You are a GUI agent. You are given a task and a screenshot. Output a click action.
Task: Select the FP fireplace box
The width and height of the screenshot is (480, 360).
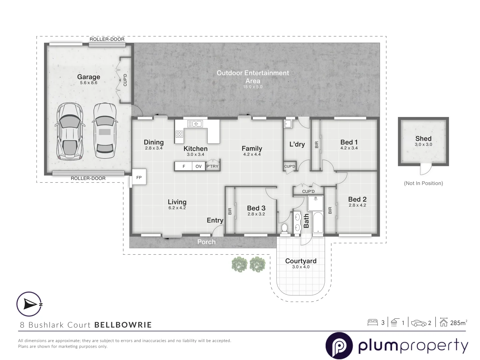click(x=139, y=177)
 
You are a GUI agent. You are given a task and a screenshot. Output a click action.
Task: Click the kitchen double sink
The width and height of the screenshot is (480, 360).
click(x=195, y=124)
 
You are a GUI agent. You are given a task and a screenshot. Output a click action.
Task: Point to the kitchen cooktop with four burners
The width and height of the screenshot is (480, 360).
click(x=179, y=134)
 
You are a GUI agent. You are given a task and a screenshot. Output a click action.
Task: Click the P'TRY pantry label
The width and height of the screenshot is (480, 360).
click(x=212, y=166)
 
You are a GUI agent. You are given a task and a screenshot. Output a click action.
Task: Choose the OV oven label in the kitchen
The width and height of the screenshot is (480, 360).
click(x=199, y=166)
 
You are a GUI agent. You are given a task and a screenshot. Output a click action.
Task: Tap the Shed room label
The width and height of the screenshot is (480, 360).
click(x=423, y=138)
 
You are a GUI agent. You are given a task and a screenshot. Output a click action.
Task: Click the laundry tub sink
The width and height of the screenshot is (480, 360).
click(x=288, y=124)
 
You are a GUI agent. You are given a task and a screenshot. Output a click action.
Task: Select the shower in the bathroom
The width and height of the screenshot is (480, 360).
click(x=315, y=203)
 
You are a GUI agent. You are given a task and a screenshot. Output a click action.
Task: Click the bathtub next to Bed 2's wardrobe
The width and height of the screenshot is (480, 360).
click(x=318, y=223)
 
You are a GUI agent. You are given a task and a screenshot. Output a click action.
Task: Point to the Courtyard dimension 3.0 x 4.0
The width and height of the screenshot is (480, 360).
click(x=301, y=267)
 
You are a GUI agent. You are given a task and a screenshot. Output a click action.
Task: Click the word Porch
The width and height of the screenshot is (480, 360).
click(x=206, y=242)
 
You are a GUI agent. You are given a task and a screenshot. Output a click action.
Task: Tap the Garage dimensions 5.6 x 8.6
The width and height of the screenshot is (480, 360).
click(x=89, y=83)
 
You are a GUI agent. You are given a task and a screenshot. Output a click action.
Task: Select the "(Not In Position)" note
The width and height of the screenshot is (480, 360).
click(x=423, y=183)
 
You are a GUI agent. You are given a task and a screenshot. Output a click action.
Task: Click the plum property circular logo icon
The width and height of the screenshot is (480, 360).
click(x=339, y=345)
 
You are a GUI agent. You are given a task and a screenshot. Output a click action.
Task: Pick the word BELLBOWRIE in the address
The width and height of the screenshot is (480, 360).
click(x=123, y=325)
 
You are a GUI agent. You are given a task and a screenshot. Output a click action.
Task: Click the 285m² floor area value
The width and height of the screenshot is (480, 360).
click(x=459, y=323)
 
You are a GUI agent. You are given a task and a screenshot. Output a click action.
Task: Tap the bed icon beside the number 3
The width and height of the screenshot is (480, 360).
click(x=373, y=323)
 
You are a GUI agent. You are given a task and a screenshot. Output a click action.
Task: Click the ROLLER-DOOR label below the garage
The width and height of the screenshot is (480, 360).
click(x=88, y=178)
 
